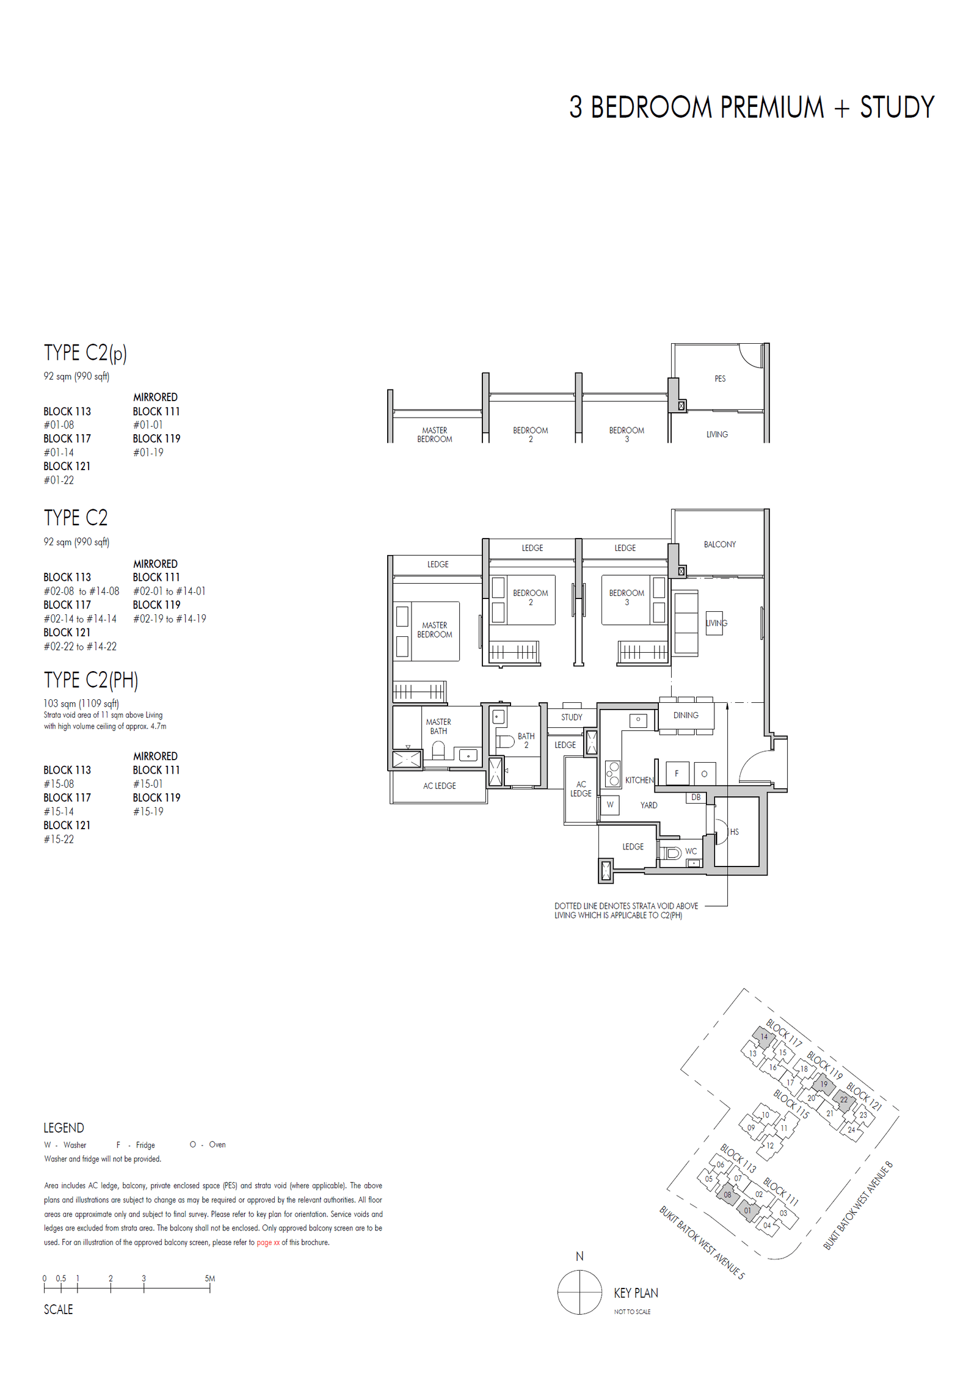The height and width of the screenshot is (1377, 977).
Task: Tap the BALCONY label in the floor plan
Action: (x=719, y=544)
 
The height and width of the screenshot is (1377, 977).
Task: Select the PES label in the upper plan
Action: (x=720, y=379)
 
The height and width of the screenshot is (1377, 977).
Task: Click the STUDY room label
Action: (x=572, y=717)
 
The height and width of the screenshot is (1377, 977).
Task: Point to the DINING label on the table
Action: (x=686, y=715)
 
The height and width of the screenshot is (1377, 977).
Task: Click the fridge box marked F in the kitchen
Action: (x=677, y=774)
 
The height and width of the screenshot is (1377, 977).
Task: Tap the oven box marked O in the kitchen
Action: (x=704, y=774)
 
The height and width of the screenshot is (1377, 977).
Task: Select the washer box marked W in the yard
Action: (x=610, y=805)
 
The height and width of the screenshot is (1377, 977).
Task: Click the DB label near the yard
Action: (x=696, y=797)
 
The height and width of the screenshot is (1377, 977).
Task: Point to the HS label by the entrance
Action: (x=734, y=832)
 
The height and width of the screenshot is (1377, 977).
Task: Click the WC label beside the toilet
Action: (x=691, y=851)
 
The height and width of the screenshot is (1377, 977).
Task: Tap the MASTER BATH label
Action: (x=438, y=726)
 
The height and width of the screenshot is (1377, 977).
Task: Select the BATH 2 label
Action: (x=526, y=740)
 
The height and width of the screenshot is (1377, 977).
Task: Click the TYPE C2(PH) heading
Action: (x=91, y=680)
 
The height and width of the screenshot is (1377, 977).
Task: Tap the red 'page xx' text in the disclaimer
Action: (x=268, y=1242)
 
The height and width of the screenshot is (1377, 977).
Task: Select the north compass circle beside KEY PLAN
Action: (x=579, y=1293)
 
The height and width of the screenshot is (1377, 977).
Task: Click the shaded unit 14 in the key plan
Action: (x=763, y=1036)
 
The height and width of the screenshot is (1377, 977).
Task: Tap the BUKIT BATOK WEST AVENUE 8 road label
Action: (x=857, y=1205)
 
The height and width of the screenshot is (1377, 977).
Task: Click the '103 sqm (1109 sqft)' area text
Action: (x=81, y=703)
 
